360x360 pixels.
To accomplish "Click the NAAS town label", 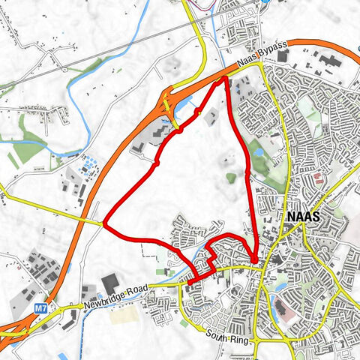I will point(304,216).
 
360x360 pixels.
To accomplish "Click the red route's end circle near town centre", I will point(256,260).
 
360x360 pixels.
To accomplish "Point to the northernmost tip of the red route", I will point(226,78).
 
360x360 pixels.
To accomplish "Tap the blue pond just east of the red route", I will point(259,150).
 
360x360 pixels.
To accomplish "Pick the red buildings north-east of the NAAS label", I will point(317,177).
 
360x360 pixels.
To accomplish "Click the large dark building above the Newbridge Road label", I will point(109,283).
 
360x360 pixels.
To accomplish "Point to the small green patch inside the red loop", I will point(231,178).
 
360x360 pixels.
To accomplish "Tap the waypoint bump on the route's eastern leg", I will point(247,173).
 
